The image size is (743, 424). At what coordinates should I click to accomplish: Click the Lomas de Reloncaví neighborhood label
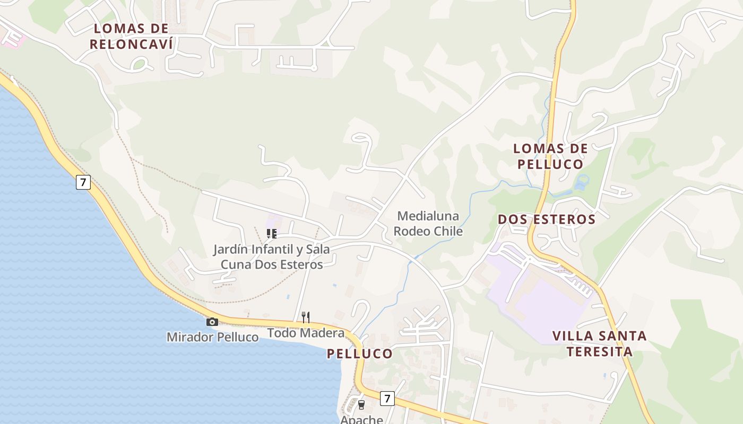pyautogui.click(x=131, y=36)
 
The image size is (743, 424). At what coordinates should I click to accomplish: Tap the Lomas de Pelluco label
pyautogui.click(x=550, y=156)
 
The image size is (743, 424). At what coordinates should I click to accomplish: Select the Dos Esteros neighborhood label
pyautogui.click(x=546, y=219)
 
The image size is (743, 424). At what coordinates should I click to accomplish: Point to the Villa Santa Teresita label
pyautogui.click(x=599, y=343)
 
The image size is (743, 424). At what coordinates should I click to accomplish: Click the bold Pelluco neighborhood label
pyautogui.click(x=359, y=354)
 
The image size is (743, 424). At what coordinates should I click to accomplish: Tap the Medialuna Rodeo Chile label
pyautogui.click(x=428, y=224)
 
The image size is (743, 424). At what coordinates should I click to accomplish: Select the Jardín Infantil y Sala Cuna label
pyautogui.click(x=271, y=257)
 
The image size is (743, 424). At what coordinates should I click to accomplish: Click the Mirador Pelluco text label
pyautogui.click(x=212, y=337)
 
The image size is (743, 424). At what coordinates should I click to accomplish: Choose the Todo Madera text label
pyautogui.click(x=305, y=333)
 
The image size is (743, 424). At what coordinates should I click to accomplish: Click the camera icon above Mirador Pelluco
pyautogui.click(x=212, y=322)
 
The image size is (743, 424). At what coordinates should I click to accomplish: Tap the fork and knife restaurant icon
pyautogui.click(x=305, y=317)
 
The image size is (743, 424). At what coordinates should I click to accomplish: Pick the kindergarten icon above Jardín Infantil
pyautogui.click(x=271, y=233)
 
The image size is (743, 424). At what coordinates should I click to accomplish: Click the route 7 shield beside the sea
pyautogui.click(x=83, y=182)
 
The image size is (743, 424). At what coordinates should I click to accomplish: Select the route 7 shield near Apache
pyautogui.click(x=387, y=398)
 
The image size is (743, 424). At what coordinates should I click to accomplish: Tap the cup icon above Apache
pyautogui.click(x=361, y=404)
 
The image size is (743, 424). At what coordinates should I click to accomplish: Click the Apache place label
pyautogui.click(x=361, y=419)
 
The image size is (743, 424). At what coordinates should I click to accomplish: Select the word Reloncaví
pyautogui.click(x=131, y=44)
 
